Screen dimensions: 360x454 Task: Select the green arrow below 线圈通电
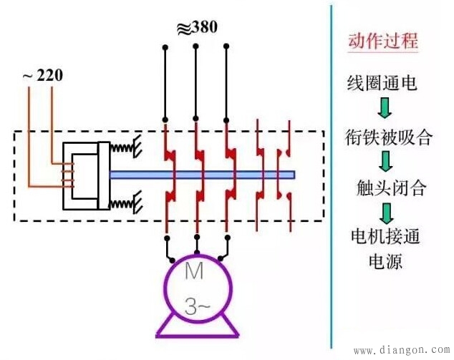(x=385, y=108)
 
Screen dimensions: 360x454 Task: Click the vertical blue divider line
(x=332, y=179)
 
